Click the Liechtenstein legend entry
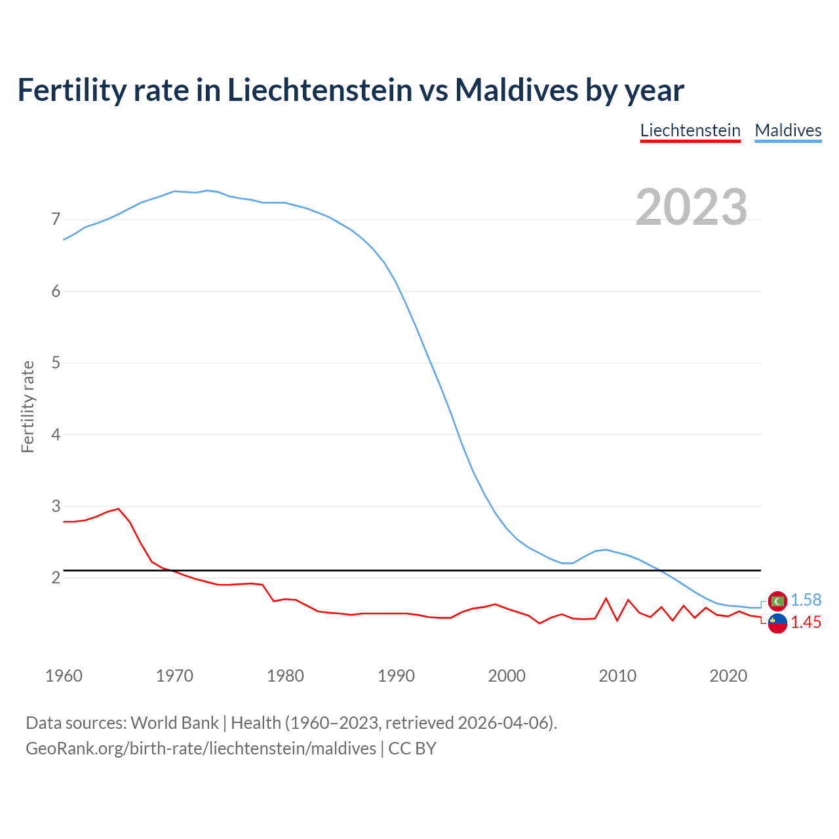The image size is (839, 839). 690,130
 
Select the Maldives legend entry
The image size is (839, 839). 788,130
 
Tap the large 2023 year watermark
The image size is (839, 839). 692,207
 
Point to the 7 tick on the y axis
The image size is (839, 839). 56,219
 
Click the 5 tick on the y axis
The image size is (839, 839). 56,362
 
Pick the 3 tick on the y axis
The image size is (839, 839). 56,506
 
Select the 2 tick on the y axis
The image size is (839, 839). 56,577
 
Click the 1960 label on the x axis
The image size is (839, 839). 64,676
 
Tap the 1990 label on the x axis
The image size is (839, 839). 396,676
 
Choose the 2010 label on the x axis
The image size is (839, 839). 617,676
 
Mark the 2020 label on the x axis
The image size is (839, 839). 728,676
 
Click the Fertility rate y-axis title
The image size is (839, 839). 28,406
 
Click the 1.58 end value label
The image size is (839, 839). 806,600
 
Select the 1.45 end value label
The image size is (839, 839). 806,623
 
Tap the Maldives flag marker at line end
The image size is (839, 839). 777,600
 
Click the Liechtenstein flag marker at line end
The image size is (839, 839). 777,623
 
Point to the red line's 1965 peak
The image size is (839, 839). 119,509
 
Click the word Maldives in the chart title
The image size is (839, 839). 517,90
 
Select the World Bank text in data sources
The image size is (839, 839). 174,723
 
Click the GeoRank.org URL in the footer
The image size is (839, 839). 201,749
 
